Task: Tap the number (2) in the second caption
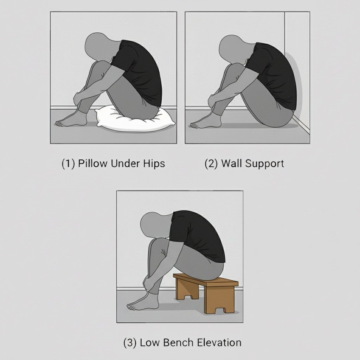[211, 163]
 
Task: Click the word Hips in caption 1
[153, 163]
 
